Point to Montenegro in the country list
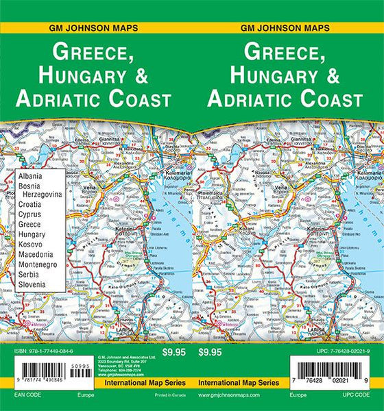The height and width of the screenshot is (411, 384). pyautogui.click(x=36, y=264)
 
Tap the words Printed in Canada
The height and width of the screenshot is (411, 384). pyautogui.click(x=163, y=396)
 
